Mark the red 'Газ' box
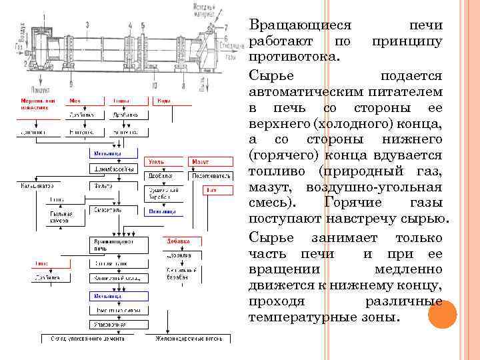(x=211, y=190)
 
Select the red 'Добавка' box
(x=179, y=241)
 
